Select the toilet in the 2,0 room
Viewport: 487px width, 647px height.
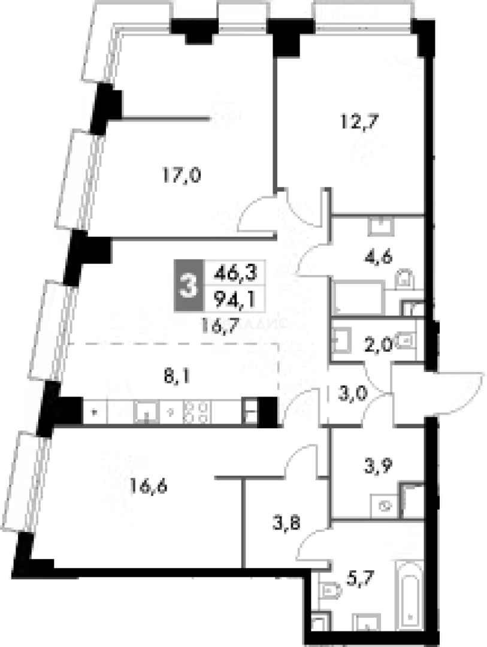point(407,340)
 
